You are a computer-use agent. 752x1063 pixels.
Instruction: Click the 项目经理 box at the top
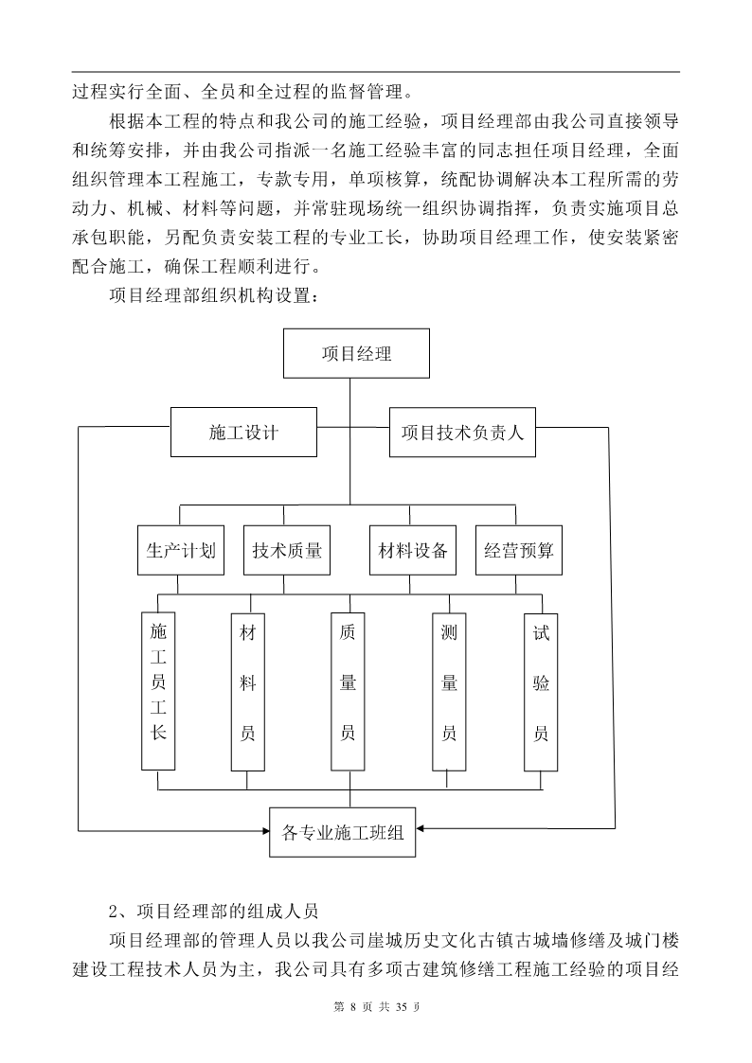point(356,353)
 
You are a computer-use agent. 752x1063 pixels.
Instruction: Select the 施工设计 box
point(243,432)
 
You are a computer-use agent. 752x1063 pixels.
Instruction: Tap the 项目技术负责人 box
point(462,432)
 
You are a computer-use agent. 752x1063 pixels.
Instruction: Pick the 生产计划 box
point(181,550)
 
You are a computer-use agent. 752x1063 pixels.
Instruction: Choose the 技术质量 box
point(287,550)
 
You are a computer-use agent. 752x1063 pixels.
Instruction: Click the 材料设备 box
point(412,550)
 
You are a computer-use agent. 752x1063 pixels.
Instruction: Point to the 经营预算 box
point(519,550)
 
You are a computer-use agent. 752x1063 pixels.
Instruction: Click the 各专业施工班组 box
point(343,832)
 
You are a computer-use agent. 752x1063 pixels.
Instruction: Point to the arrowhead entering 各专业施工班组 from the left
point(266,829)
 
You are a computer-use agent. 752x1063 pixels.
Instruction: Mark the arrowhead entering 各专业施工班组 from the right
point(420,828)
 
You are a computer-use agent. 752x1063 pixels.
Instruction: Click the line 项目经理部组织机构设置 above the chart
point(213,296)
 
